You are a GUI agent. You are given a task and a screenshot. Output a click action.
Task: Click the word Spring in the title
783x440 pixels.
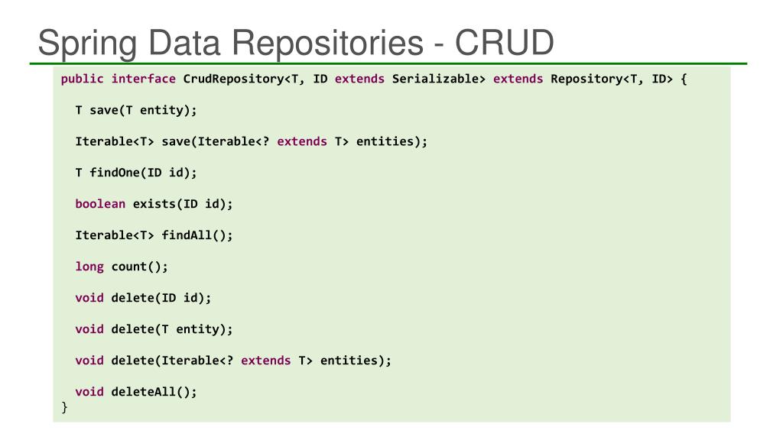coord(84,43)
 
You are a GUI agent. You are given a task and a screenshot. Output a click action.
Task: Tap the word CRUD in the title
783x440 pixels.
coord(504,43)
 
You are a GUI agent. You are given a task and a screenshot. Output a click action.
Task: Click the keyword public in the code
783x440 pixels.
coord(83,79)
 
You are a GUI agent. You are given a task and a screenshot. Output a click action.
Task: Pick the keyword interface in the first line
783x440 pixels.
coord(144,79)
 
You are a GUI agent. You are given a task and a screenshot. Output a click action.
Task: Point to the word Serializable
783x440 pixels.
coord(439,79)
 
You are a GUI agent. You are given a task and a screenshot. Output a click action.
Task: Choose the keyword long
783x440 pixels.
coord(89,267)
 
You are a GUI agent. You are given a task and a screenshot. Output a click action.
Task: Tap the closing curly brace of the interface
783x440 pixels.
coord(65,407)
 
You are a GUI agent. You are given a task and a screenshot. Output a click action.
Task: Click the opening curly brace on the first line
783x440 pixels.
coord(684,79)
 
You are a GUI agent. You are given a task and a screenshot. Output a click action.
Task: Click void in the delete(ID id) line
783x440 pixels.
coord(89,298)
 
